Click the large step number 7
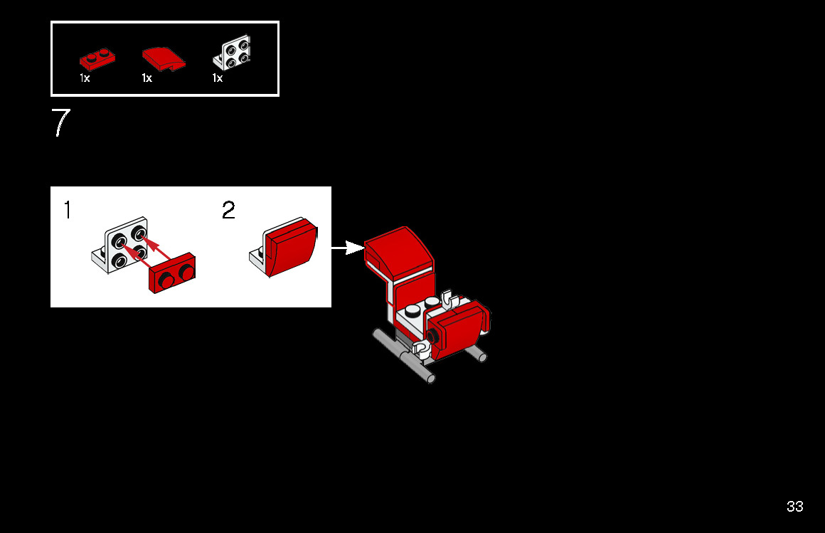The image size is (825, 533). [x=60, y=122]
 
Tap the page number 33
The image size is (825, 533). [x=794, y=507]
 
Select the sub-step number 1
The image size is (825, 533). [x=68, y=210]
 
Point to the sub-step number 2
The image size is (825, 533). [x=228, y=210]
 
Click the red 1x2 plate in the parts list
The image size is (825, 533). [x=97, y=59]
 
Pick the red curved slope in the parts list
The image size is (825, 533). [x=163, y=58]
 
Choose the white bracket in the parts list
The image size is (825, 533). [x=232, y=53]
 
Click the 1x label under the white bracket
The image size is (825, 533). [x=218, y=78]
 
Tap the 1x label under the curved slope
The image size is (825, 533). [x=147, y=78]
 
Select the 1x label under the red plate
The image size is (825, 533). [x=85, y=78]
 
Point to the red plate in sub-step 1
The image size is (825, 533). [x=172, y=273]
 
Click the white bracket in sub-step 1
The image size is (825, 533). [x=120, y=246]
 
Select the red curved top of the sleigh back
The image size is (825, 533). [x=398, y=251]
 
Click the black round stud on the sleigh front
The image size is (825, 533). [x=432, y=335]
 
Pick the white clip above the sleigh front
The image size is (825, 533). [x=449, y=299]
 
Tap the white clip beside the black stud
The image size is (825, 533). [x=420, y=347]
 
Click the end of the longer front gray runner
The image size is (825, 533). [x=431, y=378]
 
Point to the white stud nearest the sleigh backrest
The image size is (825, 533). [x=432, y=302]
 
